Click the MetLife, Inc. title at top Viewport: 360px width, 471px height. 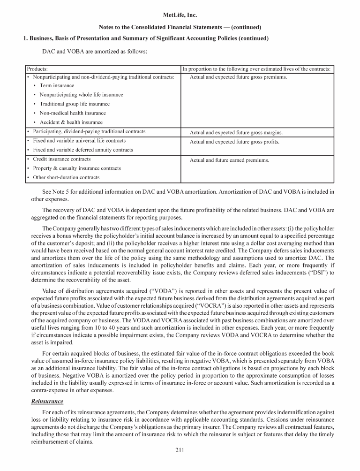click(180, 15)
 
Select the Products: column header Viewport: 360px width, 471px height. click(37, 69)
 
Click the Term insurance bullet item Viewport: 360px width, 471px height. click(57, 86)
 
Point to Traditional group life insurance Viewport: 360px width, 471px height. click(75, 104)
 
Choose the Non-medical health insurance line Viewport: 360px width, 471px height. click(73, 113)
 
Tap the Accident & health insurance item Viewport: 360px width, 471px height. click(71, 122)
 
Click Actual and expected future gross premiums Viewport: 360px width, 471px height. click(238, 77)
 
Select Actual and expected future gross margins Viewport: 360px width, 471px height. click(236, 133)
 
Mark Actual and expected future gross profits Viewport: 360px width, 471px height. click(234, 142)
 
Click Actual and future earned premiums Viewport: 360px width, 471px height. click(229, 160)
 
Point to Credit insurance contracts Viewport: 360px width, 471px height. click(62, 160)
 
